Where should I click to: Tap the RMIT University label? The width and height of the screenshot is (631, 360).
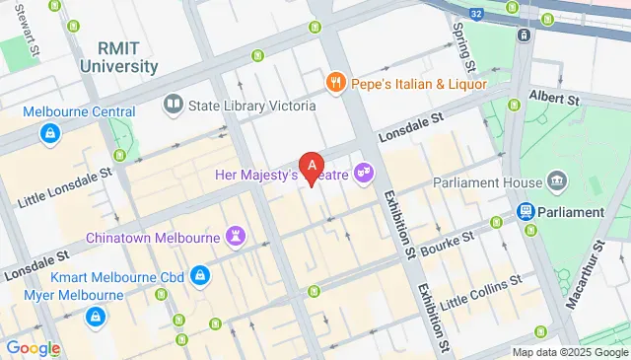click(127, 57)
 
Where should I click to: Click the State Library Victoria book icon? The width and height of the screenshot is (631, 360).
click(174, 105)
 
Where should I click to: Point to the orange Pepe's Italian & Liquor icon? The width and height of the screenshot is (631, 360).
click(336, 82)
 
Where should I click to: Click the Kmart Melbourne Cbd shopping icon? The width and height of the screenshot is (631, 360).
click(200, 273)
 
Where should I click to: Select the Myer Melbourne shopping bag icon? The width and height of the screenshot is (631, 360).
click(97, 316)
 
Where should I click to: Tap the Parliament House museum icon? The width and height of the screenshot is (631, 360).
click(558, 181)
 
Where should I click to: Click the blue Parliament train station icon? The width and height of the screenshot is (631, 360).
click(527, 211)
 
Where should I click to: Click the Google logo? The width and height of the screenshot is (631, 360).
click(33, 347)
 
